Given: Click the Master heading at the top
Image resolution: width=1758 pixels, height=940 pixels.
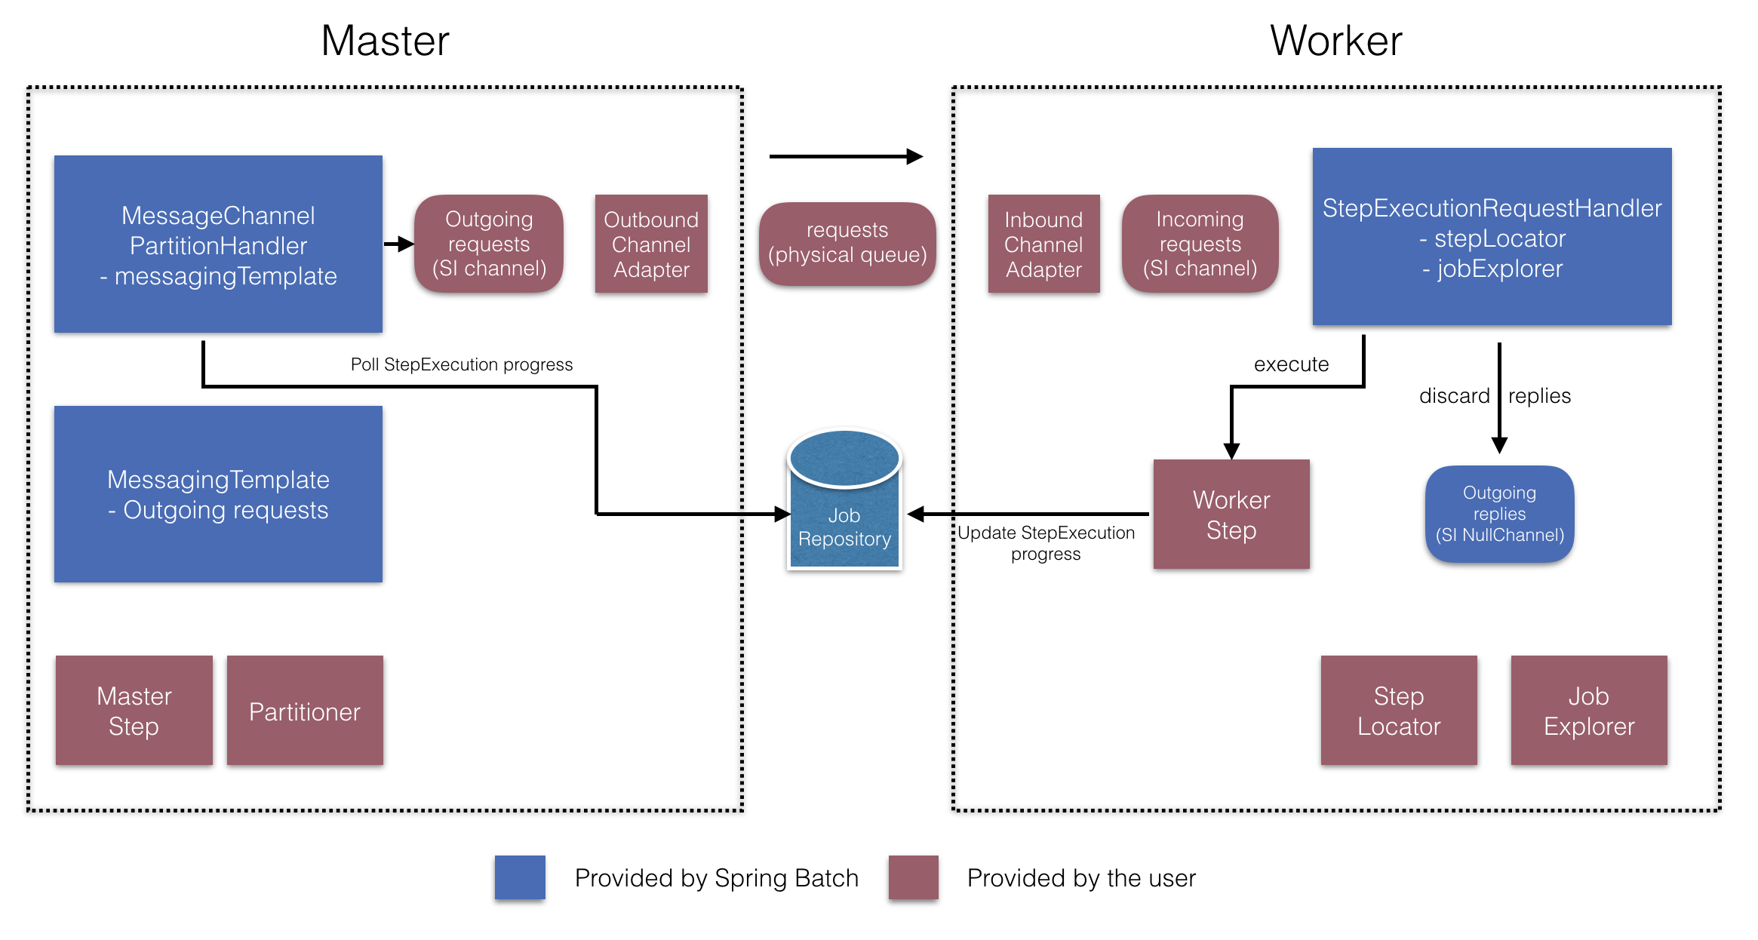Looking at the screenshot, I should (x=385, y=41).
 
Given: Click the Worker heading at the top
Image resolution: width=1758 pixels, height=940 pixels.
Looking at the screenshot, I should (x=1335, y=41).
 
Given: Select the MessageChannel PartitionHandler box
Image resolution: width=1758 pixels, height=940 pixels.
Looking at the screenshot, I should (x=218, y=244).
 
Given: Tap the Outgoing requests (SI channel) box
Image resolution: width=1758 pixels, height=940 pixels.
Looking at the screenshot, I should (x=489, y=244).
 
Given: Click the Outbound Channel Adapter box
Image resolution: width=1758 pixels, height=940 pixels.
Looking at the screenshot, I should (x=651, y=244).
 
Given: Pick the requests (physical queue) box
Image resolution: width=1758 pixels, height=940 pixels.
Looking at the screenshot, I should (x=847, y=243).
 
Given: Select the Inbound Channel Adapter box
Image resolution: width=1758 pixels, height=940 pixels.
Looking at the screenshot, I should (x=1043, y=244).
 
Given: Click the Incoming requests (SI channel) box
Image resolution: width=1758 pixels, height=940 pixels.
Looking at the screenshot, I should (x=1200, y=244).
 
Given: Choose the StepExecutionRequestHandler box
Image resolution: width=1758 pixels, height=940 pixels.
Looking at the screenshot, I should (x=1492, y=237).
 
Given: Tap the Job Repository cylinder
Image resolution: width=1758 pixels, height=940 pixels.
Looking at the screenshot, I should (x=844, y=505).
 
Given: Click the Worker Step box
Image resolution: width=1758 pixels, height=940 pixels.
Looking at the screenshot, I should (x=1231, y=515).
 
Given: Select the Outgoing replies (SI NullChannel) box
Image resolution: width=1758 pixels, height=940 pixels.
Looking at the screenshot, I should (x=1499, y=514).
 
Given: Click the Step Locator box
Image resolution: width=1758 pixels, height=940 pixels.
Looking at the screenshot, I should (x=1399, y=710).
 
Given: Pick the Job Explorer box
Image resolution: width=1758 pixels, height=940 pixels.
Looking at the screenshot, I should (x=1589, y=710).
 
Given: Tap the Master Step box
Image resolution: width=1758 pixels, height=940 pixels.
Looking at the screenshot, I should (x=134, y=710).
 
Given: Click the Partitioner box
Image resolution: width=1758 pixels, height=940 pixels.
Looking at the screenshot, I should (x=305, y=711).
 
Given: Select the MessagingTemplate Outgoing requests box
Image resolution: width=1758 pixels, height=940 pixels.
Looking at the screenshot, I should (x=218, y=494).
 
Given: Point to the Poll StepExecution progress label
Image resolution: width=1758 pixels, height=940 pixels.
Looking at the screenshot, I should (x=462, y=364).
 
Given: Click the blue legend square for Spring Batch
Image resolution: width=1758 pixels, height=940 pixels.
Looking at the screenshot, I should (x=520, y=877).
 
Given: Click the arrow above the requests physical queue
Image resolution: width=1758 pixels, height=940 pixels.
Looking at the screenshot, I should (x=845, y=156).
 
